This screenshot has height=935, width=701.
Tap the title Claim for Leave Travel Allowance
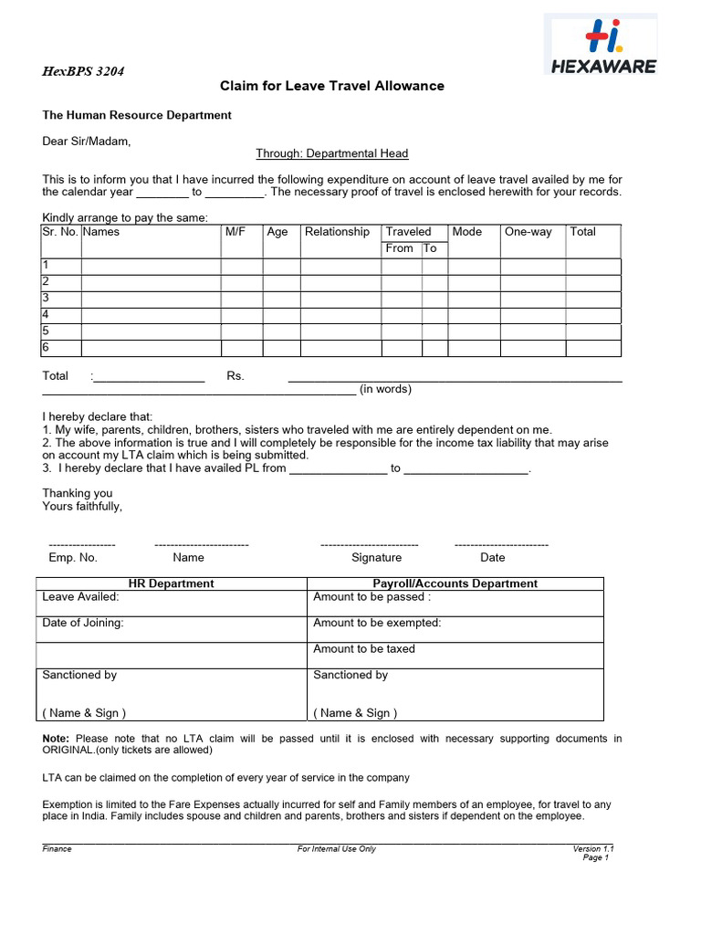tap(332, 86)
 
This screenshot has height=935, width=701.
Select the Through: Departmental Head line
tap(332, 153)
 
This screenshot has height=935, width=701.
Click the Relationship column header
tap(337, 232)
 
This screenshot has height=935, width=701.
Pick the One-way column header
tap(528, 232)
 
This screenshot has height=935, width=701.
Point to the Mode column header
tap(467, 232)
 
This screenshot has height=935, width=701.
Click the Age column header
tap(277, 232)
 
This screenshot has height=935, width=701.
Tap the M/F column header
tap(235, 232)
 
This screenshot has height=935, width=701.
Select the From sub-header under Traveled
tap(400, 248)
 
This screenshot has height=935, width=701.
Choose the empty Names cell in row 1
tap(151, 267)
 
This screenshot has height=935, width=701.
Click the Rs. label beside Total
tap(235, 376)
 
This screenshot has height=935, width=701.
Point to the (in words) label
tap(385, 389)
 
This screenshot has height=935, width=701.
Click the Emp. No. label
tap(73, 557)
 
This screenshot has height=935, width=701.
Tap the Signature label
tap(376, 557)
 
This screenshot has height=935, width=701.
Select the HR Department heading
tap(172, 583)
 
